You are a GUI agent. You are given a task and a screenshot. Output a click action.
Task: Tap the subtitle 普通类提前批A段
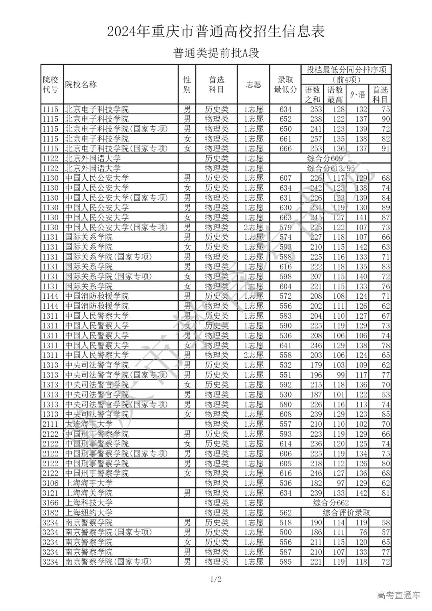point(216,53)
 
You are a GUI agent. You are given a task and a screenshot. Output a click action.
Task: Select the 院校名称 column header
point(81,84)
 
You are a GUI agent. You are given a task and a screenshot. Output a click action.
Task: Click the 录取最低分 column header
point(285,84)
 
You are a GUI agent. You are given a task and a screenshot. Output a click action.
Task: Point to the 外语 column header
point(358,94)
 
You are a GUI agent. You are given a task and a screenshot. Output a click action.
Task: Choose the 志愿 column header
point(253,84)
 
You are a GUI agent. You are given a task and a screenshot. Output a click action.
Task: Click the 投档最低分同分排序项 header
point(346,70)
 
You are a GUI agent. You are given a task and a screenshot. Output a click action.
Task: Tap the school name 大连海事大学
point(89,424)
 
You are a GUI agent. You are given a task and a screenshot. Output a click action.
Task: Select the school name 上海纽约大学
point(89,513)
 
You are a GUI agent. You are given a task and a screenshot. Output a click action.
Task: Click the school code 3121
point(50,493)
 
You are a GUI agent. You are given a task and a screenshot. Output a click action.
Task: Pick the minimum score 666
point(286,148)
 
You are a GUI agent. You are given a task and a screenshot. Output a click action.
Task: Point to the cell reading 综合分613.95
point(331,168)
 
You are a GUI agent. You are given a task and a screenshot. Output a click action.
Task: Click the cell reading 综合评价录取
point(346,513)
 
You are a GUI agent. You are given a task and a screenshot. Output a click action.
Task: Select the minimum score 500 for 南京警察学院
point(286,532)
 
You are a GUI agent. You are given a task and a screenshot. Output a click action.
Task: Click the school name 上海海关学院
point(89,493)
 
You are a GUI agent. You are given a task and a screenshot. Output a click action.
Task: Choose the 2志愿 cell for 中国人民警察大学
point(253,355)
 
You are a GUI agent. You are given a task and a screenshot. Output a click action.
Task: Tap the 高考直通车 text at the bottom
point(398,595)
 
